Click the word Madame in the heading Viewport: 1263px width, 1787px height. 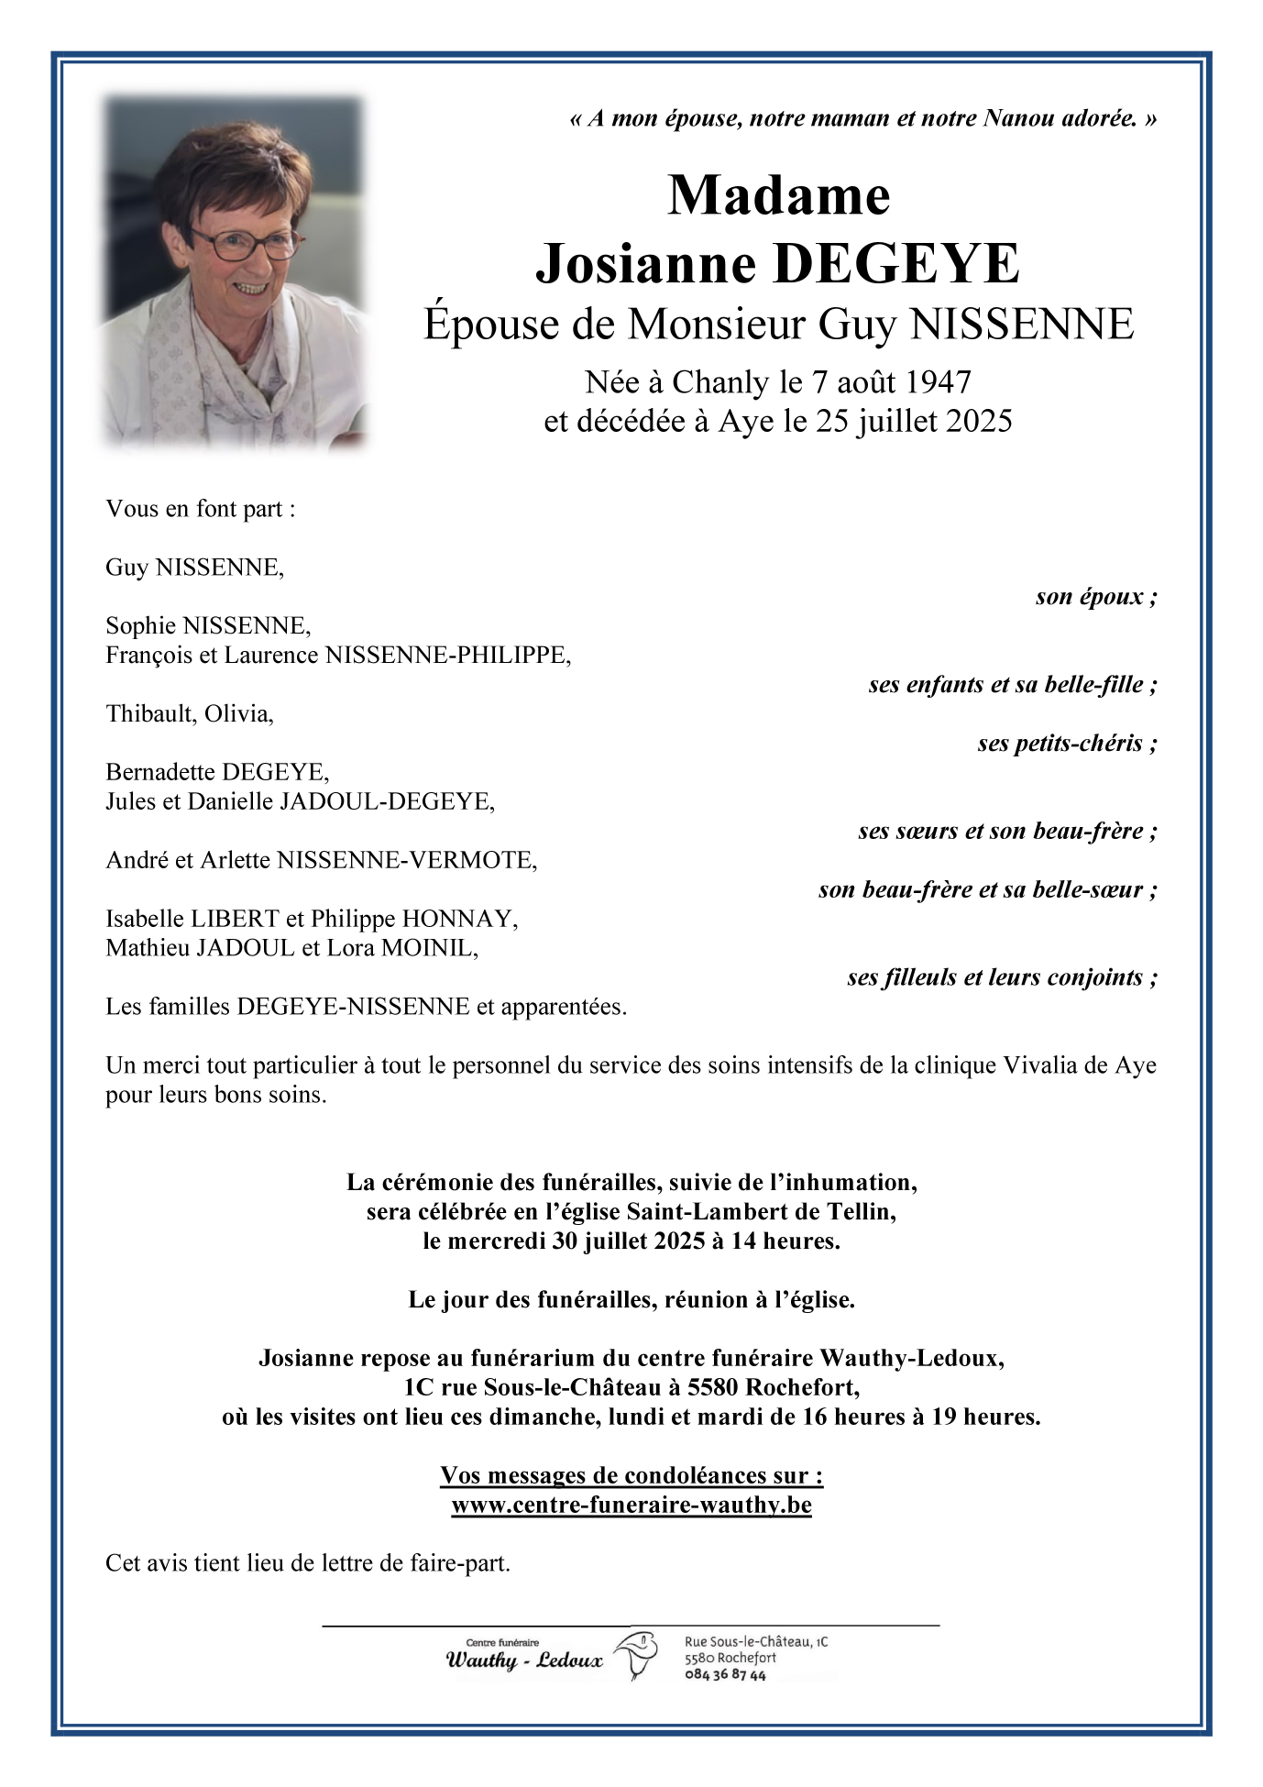[778, 195]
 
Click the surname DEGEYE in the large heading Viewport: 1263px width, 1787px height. [895, 264]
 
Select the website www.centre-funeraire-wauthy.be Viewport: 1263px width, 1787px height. [631, 1505]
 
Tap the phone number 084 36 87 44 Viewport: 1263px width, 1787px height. [725, 1675]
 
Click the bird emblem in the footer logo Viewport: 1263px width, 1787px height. [638, 1655]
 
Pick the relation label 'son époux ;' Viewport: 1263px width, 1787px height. [1096, 597]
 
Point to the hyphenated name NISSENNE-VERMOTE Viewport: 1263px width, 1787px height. [407, 860]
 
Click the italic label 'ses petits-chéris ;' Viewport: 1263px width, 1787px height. [1067, 743]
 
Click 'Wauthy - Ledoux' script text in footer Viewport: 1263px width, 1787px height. [524, 1661]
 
